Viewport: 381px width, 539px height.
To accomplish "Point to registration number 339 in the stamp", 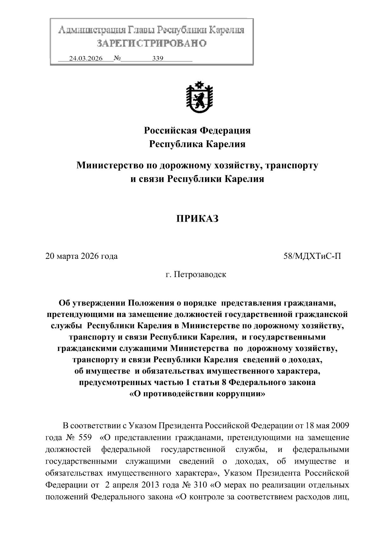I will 157,58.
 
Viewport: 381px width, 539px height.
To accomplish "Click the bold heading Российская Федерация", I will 197,130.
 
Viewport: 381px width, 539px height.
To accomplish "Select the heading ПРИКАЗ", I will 197,219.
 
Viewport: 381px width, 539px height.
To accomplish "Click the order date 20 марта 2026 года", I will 82,256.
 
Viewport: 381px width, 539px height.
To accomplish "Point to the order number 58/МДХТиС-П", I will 312,256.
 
